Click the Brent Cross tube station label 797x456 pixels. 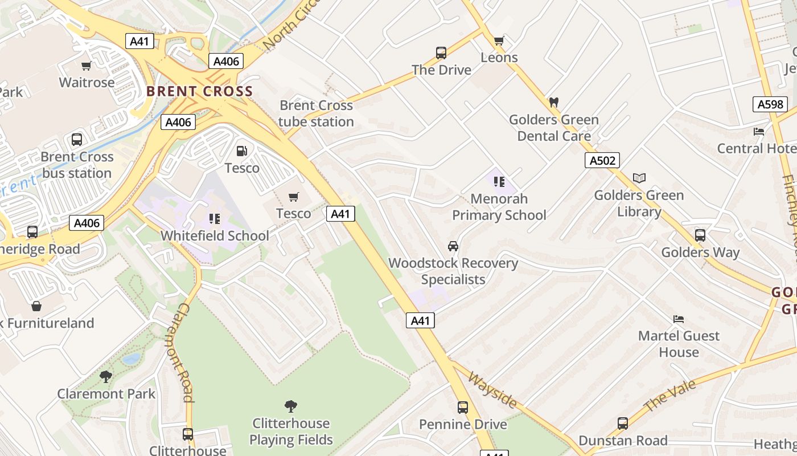(x=316, y=113)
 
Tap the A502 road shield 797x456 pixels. (x=602, y=160)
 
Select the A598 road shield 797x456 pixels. (x=771, y=104)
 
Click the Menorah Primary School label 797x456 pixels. (x=499, y=207)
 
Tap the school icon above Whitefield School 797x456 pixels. (x=214, y=219)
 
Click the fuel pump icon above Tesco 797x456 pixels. (x=242, y=151)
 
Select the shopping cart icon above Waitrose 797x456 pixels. (x=87, y=66)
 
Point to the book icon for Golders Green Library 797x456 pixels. (x=639, y=178)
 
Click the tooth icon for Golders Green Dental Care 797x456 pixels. (x=553, y=103)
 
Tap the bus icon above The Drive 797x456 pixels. (x=441, y=53)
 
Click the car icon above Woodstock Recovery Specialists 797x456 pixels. (x=453, y=246)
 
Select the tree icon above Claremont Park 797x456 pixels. (x=106, y=376)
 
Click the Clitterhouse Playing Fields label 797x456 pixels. (x=291, y=431)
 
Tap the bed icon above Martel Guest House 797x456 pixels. (x=679, y=319)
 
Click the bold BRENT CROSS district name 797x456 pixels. (x=199, y=91)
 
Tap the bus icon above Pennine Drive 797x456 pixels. (x=463, y=408)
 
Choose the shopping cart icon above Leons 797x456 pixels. (x=499, y=40)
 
